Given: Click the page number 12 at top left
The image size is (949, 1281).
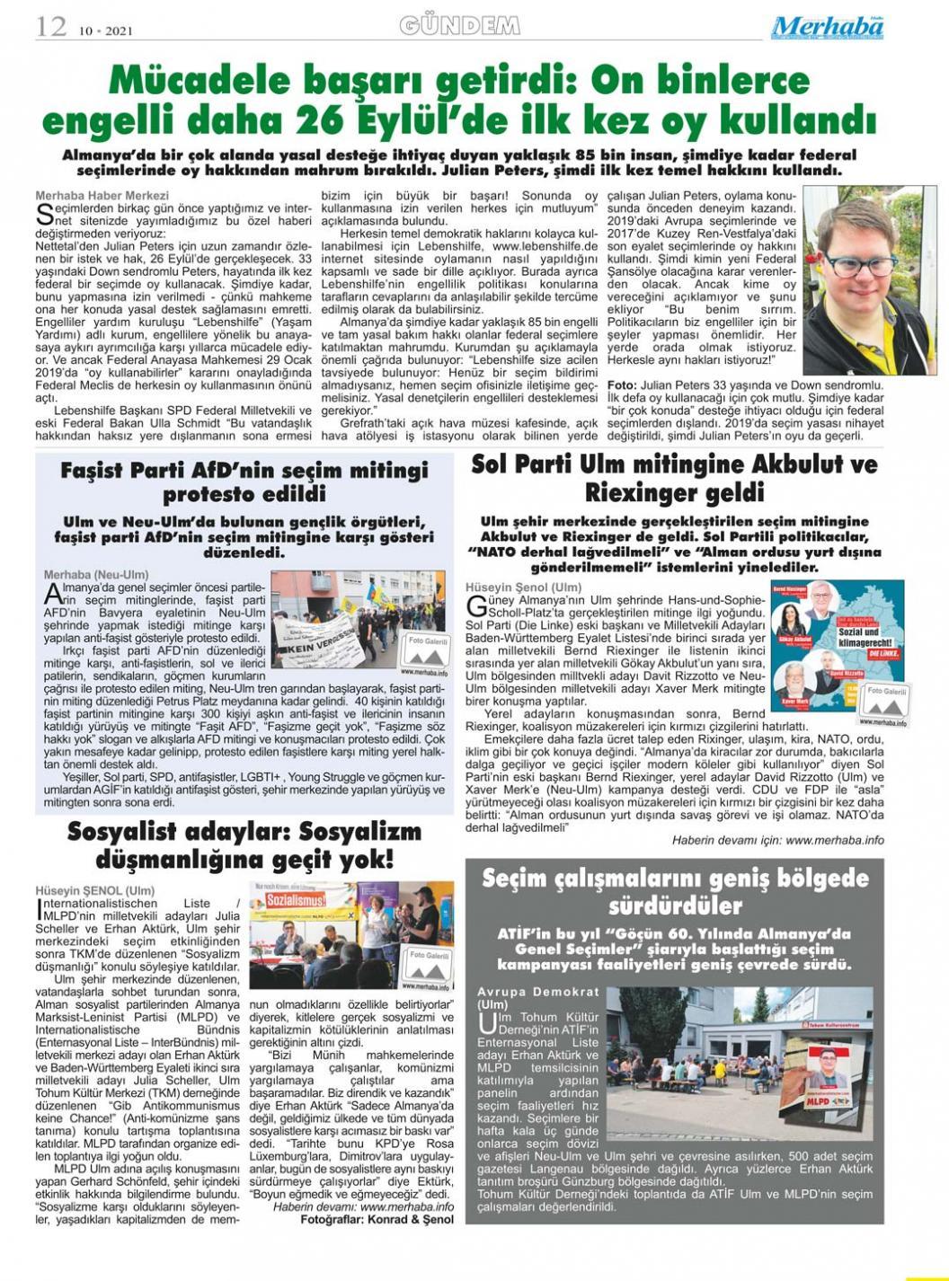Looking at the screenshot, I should [51, 26].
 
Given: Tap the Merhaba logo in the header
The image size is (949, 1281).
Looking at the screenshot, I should [827, 28].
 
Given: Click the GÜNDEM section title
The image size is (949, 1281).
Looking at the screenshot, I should [459, 26].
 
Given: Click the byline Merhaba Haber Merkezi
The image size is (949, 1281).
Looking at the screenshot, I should [102, 195].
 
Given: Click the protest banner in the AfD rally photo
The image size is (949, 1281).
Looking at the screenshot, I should [315, 637].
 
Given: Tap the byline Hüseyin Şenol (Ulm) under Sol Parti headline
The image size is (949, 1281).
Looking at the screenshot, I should [523, 587].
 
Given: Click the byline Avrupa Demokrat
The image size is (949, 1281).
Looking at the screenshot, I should [537, 992].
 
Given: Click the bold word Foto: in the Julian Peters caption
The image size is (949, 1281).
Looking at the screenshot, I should [622, 384].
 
